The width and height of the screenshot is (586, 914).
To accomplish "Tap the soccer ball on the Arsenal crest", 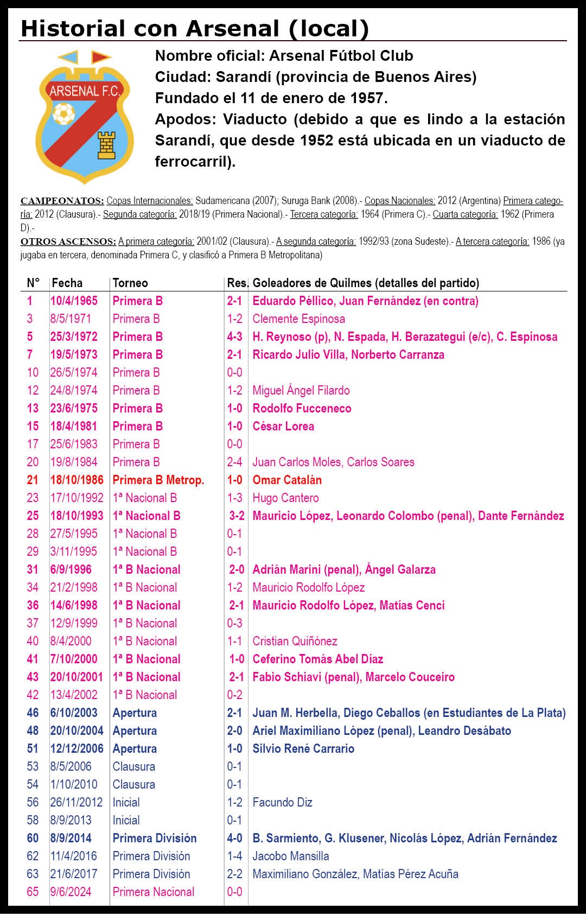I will (x=64, y=113).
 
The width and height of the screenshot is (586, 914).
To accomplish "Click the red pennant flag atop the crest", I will (x=100, y=56).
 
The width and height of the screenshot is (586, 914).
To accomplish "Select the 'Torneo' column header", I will (x=130, y=283).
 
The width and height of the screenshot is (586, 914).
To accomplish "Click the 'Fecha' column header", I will (x=67, y=283).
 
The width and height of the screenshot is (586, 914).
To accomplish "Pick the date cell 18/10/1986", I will (x=77, y=480).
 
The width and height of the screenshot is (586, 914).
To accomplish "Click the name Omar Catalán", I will (x=287, y=480).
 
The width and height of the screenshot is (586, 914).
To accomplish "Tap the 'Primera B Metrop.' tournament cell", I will (x=158, y=480).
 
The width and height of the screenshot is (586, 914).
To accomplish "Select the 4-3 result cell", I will (x=234, y=337).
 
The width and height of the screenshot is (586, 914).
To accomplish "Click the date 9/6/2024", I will (x=71, y=892).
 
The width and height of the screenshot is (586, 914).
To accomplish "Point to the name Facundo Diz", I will (x=282, y=802).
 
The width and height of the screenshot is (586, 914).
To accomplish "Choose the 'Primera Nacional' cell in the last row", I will (x=153, y=892).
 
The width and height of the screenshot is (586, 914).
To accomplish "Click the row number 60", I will (x=33, y=838).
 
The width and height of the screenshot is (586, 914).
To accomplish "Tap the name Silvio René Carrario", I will (x=303, y=748).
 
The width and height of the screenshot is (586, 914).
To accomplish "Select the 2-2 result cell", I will (x=234, y=874).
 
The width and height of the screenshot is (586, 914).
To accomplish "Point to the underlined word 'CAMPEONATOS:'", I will (x=62, y=201).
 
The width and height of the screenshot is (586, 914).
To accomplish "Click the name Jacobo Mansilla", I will (x=290, y=856).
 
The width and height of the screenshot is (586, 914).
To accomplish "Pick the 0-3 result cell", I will (x=234, y=623).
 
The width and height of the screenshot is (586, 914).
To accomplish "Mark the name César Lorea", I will (x=283, y=426).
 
